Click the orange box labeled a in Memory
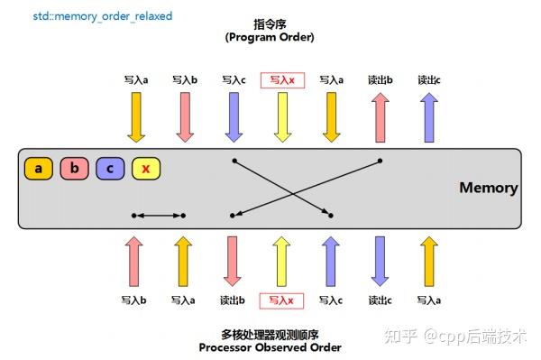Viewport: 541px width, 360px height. tap(39, 169)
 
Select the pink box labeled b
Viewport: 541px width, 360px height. tap(75, 169)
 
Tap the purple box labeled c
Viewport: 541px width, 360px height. tap(110, 169)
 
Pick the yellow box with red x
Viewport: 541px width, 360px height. tap(146, 169)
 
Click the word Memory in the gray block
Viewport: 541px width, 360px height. tap(488, 189)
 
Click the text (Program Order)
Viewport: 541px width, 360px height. tap(269, 37)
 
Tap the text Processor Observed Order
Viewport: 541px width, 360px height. tap(269, 348)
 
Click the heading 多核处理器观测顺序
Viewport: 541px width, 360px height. tap(269, 334)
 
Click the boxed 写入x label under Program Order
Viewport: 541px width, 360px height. tap(282, 80)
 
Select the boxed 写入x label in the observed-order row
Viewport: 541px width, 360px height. tap(282, 300)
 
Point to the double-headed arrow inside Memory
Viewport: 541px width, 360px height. tap(159, 216)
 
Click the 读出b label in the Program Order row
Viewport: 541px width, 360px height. tap(381, 80)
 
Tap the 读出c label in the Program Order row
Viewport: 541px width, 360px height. tap(429, 80)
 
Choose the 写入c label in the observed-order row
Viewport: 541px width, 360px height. tap(332, 300)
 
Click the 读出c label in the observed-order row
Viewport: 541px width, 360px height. tap(381, 300)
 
